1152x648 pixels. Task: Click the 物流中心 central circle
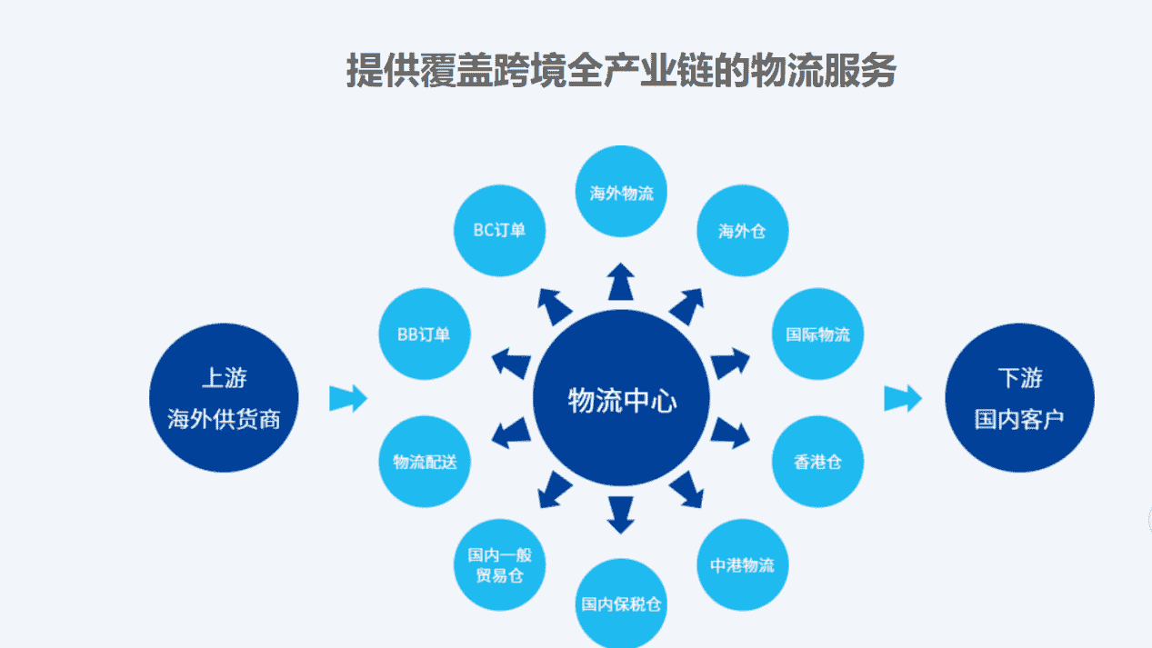pos(621,400)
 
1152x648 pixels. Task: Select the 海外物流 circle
pos(621,191)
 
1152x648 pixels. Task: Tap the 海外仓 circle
pos(742,230)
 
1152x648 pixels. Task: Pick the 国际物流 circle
pos(817,334)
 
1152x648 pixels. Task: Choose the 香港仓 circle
pos(817,462)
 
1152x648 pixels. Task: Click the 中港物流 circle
pos(742,564)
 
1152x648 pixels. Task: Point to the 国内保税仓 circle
pos(621,603)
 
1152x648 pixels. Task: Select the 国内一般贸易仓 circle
pos(499,565)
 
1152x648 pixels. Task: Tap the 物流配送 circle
pos(425,462)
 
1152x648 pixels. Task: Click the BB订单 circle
pos(424,334)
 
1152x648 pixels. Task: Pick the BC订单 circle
pos(499,230)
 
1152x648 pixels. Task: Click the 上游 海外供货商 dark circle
pos(224,398)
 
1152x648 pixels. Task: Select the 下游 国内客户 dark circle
pos(1019,398)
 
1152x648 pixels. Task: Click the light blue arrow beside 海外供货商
pos(347,398)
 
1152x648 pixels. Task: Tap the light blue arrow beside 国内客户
pos(903,398)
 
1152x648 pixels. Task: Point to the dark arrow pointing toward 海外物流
pos(621,282)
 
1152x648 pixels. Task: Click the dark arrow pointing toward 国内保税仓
pos(621,514)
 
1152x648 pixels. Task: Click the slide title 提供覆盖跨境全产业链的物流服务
pos(621,70)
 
